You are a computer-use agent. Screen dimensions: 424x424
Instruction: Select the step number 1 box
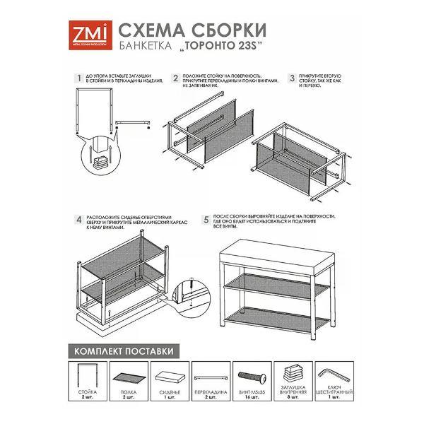[78, 78]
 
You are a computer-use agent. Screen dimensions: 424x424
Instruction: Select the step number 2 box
[175, 78]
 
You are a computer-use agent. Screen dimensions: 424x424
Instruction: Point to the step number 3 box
[291, 78]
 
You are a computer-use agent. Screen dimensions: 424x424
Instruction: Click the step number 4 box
[78, 220]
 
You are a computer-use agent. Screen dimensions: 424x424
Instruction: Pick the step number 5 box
[206, 220]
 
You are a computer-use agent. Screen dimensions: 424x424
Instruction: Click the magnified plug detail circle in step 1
[101, 160]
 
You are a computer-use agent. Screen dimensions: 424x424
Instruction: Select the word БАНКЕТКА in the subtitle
[141, 48]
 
